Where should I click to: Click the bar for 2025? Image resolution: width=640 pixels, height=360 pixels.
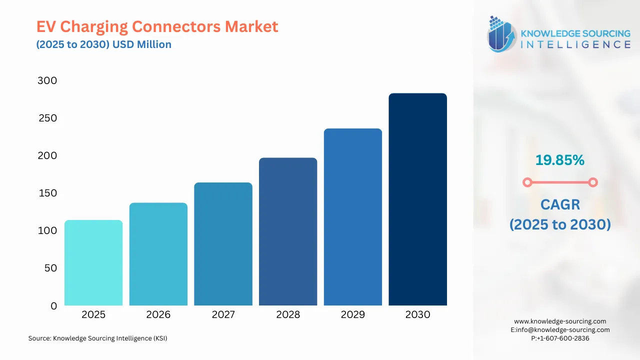(x=93, y=262)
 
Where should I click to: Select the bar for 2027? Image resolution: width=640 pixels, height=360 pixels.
(x=223, y=244)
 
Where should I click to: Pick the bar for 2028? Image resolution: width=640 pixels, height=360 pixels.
(x=288, y=231)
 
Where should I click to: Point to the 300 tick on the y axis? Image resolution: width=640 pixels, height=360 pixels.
(x=47, y=80)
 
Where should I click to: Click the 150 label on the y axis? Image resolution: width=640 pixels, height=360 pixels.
(x=47, y=193)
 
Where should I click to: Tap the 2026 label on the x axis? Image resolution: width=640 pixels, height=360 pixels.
(x=158, y=314)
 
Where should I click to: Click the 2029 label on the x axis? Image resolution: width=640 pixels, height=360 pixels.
(x=352, y=314)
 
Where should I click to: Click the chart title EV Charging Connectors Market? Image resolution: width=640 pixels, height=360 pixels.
(x=157, y=26)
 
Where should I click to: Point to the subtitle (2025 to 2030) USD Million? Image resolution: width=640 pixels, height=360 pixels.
(x=103, y=44)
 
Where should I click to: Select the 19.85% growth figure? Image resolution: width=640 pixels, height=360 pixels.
(x=559, y=160)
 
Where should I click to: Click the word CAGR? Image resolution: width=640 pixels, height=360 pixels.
(x=560, y=204)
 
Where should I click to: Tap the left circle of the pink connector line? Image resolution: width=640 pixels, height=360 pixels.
(x=527, y=182)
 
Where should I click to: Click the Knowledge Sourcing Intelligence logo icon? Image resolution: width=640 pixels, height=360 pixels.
(x=501, y=34)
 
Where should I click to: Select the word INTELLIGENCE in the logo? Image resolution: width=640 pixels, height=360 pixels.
(x=575, y=44)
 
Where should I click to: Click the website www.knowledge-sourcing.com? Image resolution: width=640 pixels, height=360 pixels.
(x=560, y=321)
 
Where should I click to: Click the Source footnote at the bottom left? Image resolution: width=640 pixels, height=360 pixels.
(x=97, y=338)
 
